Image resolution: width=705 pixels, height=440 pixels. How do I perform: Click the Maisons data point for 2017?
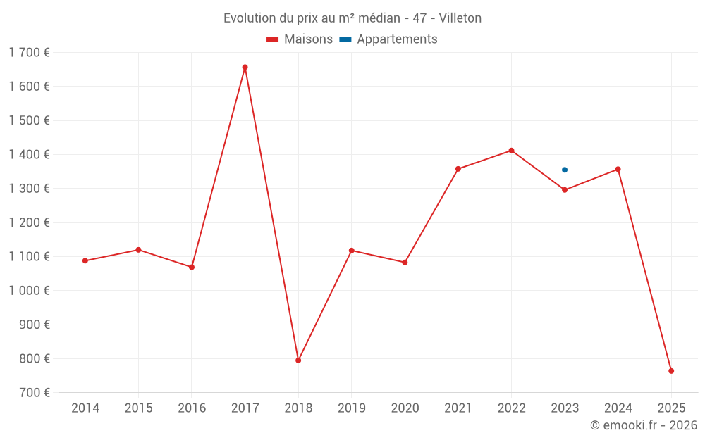[245, 68]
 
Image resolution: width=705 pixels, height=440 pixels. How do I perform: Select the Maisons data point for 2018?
[298, 360]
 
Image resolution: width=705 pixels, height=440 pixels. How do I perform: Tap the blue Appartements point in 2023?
[565, 170]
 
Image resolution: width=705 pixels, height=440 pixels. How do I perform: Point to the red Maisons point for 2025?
[671, 371]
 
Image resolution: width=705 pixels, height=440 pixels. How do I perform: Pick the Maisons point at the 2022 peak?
[511, 151]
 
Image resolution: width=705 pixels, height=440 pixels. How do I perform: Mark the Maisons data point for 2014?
[85, 261]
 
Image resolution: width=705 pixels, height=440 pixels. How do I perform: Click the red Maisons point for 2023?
[565, 190]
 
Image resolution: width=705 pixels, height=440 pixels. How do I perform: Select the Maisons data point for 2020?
[405, 263]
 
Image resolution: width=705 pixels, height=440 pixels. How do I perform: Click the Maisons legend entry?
[300, 39]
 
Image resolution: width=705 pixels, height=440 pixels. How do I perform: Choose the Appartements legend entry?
[388, 39]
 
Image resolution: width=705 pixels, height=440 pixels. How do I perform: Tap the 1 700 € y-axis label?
[29, 52]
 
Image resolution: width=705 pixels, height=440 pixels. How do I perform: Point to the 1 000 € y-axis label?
[29, 291]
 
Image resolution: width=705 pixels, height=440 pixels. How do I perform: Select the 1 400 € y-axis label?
[29, 154]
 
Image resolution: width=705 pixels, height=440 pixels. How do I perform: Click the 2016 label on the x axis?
[192, 408]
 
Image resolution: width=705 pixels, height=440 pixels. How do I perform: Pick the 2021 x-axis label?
[458, 408]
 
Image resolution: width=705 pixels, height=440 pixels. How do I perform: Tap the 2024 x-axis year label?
[618, 408]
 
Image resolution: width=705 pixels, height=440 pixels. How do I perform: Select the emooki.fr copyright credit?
[643, 425]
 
